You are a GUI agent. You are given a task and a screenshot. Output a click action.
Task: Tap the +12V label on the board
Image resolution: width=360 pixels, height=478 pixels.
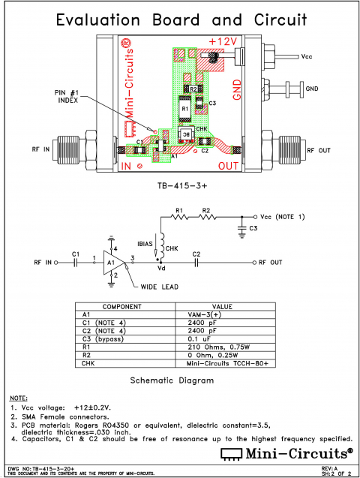pyautogui.click(x=223, y=41)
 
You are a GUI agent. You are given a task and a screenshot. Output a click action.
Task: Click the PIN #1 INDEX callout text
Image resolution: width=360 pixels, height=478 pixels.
pyautogui.click(x=68, y=97)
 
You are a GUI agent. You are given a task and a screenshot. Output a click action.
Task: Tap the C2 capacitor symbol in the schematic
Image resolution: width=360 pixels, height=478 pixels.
pyautogui.click(x=196, y=263)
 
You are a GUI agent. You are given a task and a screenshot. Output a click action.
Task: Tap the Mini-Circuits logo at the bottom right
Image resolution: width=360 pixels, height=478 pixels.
pyautogui.click(x=288, y=453)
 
